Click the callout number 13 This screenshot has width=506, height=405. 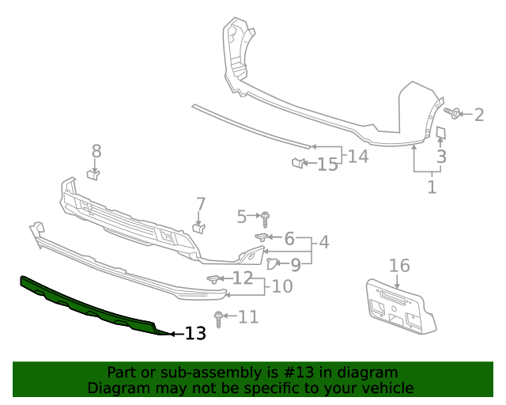coord(195,334)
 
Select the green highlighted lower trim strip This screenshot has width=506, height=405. coord(87,305)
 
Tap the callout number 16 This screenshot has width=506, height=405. coord(399,265)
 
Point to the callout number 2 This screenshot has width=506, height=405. coord(478,115)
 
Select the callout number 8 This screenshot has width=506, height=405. coord(96,150)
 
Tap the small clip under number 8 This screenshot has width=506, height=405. coord(93,174)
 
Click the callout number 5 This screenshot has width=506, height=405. coord(242,214)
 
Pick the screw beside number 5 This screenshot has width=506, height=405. coord(266,216)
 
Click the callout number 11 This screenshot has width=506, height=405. coord(248,317)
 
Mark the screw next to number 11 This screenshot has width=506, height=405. coord(219,318)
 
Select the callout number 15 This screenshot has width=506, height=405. coord(327,165)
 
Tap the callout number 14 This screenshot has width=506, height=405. coord(358,156)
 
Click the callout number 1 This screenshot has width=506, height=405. coord(431,187)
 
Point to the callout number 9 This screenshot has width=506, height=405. coord(295,265)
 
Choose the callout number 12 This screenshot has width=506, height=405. coord(243,278)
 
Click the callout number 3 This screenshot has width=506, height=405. coord(441,157)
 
